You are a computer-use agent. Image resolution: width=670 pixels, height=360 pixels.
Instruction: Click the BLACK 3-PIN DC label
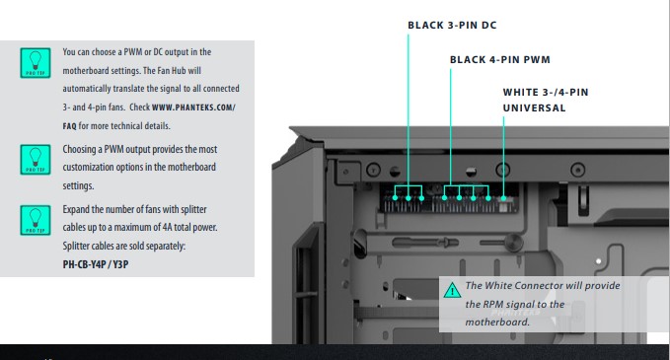(x=452, y=26)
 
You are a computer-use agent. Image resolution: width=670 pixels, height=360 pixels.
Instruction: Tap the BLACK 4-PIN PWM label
(x=500, y=59)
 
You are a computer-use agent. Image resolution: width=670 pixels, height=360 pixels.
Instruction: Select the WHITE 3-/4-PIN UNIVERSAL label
(x=546, y=100)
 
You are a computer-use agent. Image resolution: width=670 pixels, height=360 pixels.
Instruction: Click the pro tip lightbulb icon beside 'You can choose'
(x=36, y=63)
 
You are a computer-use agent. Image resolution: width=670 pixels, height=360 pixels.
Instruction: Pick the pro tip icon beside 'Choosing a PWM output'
(x=36, y=160)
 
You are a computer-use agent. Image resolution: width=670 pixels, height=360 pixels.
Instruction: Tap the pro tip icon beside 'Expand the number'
(x=36, y=220)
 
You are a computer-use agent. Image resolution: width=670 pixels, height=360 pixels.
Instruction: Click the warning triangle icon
(x=452, y=290)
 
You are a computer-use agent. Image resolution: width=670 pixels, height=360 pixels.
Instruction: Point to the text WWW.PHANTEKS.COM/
(x=193, y=108)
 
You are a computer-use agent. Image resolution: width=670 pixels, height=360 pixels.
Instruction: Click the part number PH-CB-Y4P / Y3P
(x=96, y=264)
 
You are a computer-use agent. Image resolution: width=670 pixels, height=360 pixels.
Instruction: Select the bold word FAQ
(x=69, y=126)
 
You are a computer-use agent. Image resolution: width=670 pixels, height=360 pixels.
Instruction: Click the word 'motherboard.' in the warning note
(x=497, y=322)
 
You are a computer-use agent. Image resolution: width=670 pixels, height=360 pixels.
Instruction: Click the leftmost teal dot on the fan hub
(x=395, y=197)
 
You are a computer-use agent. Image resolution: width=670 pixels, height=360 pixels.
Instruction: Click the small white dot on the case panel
(x=599, y=261)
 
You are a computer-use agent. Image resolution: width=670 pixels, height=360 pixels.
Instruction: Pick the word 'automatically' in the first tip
(x=86, y=89)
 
